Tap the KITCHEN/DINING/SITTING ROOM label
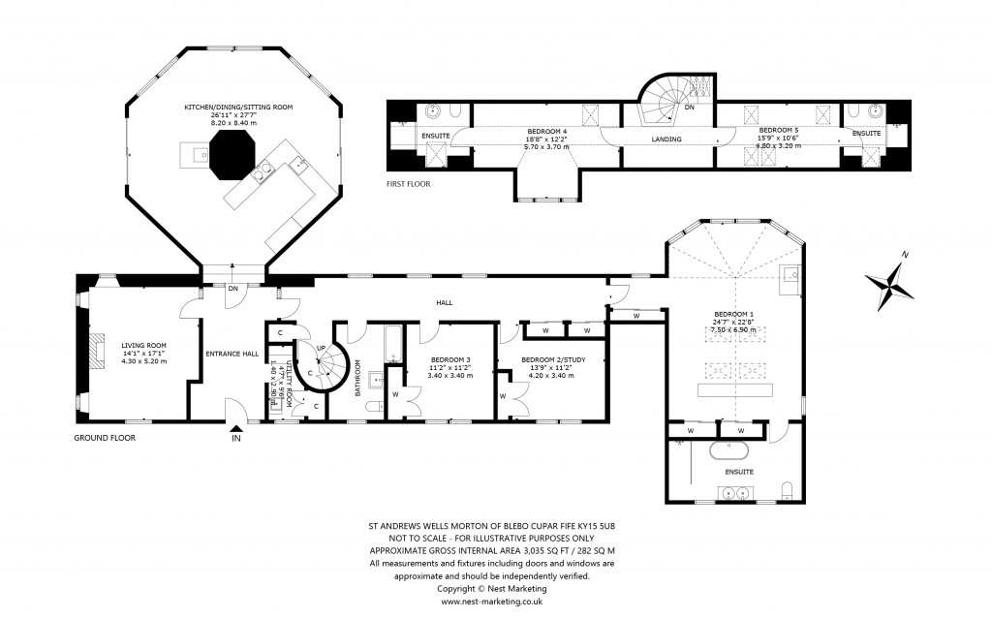pos(239,107)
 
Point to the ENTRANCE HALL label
pos(232,354)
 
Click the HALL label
pos(445,303)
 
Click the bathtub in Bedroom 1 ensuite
pos(728,450)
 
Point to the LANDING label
pos(666,139)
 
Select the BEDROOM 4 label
pos(546,131)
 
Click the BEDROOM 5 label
pos(778,130)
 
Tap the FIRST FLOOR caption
pos(408,183)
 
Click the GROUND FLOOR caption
pos(105,438)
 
